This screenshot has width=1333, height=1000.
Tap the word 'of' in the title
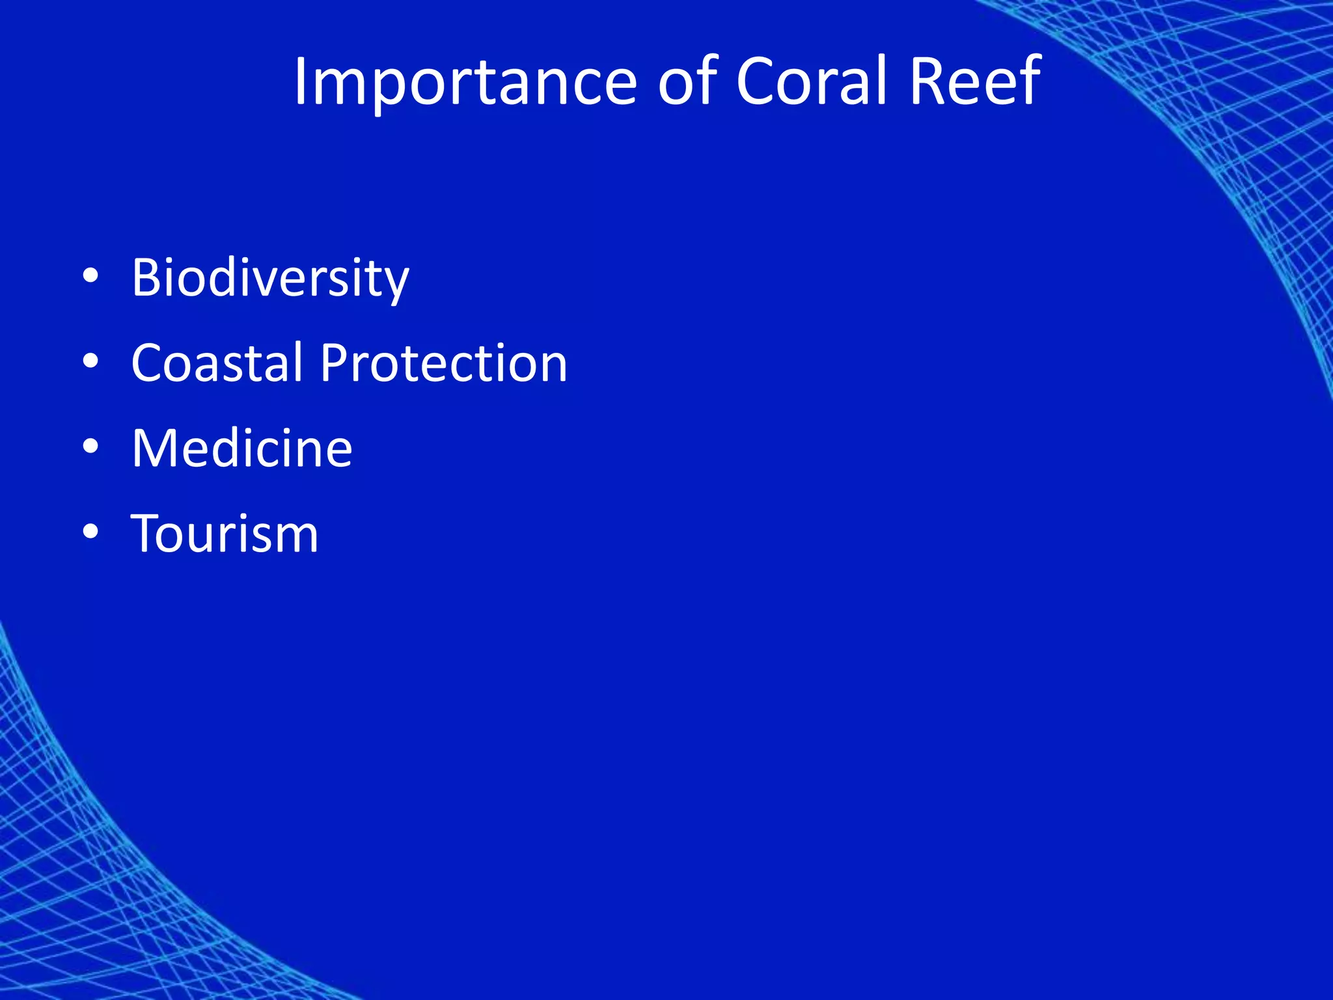(x=687, y=83)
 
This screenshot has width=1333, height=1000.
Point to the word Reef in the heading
(x=974, y=83)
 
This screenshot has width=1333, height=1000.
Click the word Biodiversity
(x=270, y=279)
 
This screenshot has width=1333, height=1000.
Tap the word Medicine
(x=242, y=449)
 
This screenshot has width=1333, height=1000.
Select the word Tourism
(x=225, y=534)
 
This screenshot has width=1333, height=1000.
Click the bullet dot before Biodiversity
(x=90, y=277)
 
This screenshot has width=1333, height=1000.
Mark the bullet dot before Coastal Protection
(x=90, y=362)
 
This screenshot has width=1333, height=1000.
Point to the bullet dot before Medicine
(x=90, y=447)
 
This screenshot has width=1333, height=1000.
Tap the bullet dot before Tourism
(x=90, y=533)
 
